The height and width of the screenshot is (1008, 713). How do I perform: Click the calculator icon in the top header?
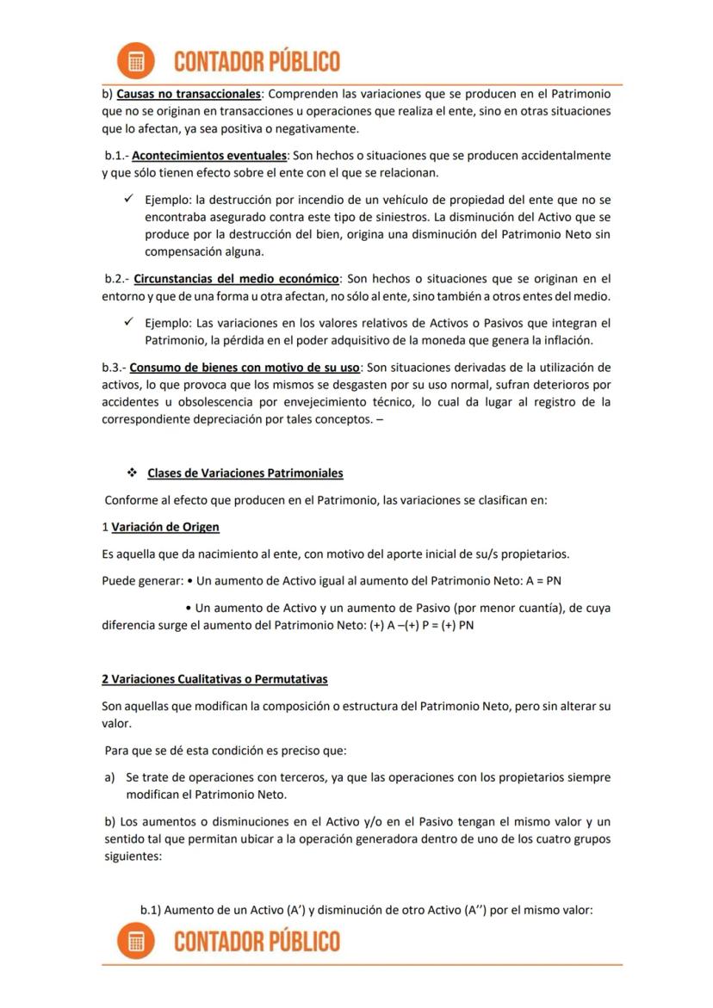(x=135, y=61)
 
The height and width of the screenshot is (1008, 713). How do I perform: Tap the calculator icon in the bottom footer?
(x=135, y=941)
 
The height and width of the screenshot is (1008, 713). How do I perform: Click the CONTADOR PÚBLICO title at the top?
(x=257, y=62)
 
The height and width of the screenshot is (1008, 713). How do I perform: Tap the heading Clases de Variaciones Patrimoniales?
(x=245, y=473)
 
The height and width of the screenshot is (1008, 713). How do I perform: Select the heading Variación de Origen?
(x=165, y=527)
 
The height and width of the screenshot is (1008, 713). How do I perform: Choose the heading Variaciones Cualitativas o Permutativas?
(x=214, y=679)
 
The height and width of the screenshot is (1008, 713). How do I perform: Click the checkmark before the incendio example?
(x=128, y=199)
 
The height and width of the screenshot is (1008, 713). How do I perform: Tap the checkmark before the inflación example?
(x=128, y=323)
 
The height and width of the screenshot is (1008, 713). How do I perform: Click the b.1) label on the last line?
(x=150, y=909)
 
